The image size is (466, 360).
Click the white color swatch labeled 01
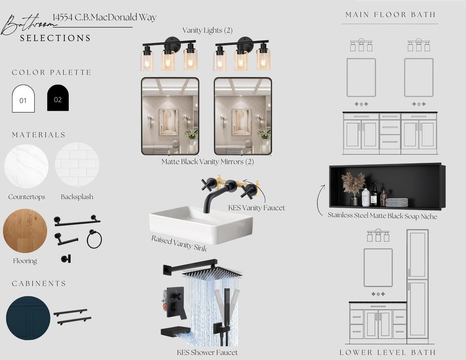[x=23, y=99]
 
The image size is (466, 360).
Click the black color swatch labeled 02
[x=58, y=98]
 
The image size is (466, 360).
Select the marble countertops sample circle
[x=26, y=166]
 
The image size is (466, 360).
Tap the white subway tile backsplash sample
[x=77, y=164]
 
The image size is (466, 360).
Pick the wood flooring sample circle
[x=25, y=231]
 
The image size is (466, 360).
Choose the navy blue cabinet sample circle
[x=28, y=318]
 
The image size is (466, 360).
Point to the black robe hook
[x=66, y=259]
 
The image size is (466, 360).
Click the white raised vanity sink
[x=201, y=224]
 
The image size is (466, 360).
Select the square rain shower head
[x=212, y=272]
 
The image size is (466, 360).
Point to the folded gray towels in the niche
[x=397, y=203]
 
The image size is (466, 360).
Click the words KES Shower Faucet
[x=207, y=353]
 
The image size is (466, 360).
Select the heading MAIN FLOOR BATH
[x=390, y=15]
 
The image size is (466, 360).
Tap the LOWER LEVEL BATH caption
[x=388, y=353]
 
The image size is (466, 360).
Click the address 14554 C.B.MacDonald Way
[x=105, y=17]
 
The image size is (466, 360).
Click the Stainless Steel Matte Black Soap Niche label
[x=382, y=216]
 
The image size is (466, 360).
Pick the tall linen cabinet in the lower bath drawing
[x=418, y=284]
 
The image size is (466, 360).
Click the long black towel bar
[x=77, y=221]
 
